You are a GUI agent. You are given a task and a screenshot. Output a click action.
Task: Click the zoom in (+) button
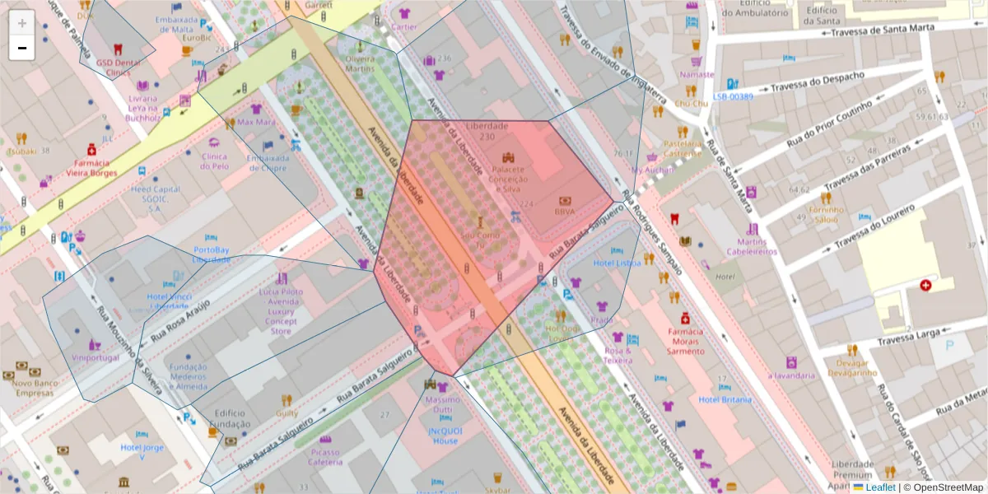point(21,22)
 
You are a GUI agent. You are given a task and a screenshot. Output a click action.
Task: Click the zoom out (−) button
point(21,48)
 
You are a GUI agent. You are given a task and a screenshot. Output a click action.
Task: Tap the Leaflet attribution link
point(881,487)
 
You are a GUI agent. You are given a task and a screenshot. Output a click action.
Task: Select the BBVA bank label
point(565,211)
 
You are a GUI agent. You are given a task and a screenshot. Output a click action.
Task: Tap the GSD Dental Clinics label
point(113,67)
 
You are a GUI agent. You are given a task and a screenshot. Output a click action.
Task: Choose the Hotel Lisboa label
point(617,263)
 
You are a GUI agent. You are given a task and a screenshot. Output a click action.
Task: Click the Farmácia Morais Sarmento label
point(685,341)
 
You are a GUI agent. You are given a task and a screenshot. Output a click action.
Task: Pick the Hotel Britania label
point(725,400)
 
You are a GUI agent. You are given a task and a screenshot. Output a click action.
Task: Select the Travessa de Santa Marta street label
point(885,31)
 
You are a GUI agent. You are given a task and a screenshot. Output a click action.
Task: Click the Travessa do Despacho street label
point(818,82)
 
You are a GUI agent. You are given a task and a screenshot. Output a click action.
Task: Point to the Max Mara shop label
point(256,122)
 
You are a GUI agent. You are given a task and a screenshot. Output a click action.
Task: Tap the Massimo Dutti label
point(443,404)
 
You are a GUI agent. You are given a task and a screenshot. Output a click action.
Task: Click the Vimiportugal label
point(96,358)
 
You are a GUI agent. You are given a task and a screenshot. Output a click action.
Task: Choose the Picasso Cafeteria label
point(325,457)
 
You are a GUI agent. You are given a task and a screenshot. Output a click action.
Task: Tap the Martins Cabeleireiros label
point(751,246)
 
